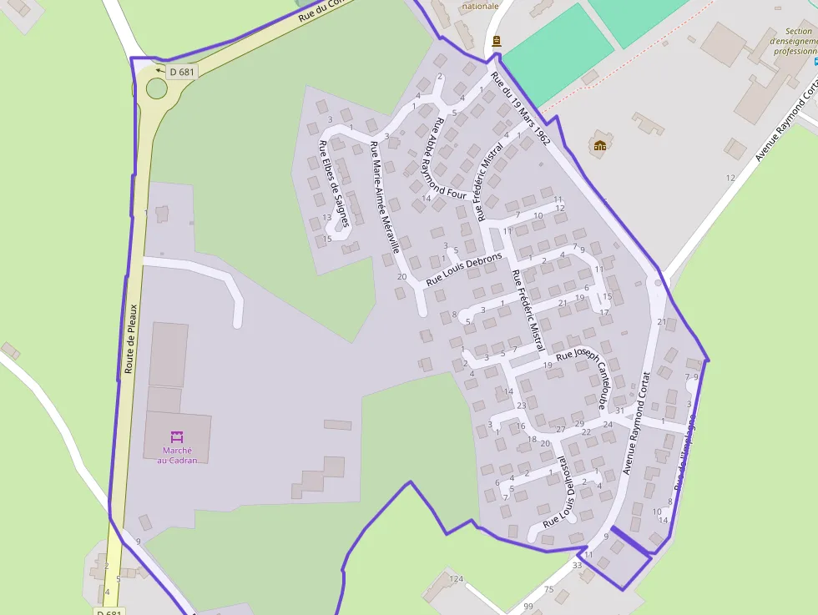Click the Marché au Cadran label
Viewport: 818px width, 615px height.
pos(177,456)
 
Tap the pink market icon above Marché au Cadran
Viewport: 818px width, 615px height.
pos(177,436)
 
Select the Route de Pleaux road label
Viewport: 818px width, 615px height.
pos(129,338)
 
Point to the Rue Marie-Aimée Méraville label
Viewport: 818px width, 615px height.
pos(385,197)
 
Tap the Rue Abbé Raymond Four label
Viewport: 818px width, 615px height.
pos(447,156)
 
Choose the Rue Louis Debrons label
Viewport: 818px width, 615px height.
pos(464,270)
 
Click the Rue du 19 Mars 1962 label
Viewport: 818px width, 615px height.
pos(520,109)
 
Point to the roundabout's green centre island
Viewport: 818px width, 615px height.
pos(156,88)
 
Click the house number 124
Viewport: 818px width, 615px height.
pos(456,578)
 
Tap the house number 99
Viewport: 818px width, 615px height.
pos(528,606)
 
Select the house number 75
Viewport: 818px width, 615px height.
pos(548,590)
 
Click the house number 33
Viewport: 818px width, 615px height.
pos(577,566)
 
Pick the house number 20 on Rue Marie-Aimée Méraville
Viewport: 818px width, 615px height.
pos(401,276)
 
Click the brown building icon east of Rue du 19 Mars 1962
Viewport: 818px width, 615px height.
pos(599,145)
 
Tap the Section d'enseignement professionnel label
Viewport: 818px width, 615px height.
pos(792,41)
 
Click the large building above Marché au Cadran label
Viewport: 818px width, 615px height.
pos(168,354)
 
